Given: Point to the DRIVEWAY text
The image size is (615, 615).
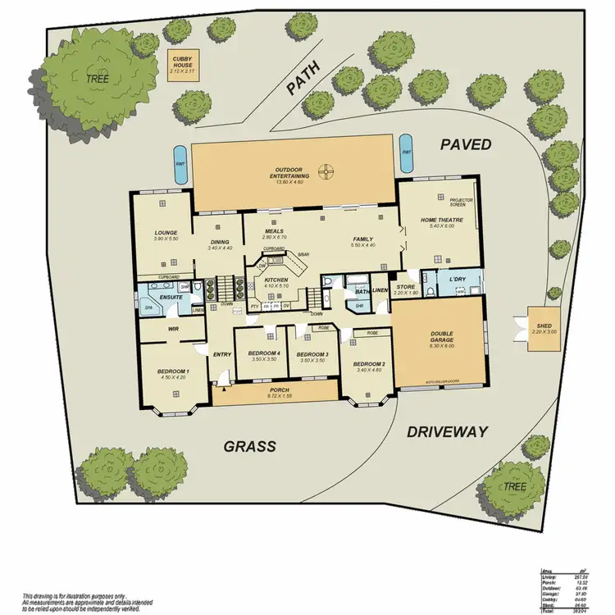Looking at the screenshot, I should tap(447, 431).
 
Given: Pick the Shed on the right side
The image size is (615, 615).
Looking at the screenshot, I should tap(544, 330).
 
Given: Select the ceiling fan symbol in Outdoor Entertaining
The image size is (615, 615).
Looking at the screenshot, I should tap(326, 171).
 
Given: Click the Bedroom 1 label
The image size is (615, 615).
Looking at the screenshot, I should tap(173, 372).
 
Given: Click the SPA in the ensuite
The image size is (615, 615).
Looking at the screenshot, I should tap(149, 308).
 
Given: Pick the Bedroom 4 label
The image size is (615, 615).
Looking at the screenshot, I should tap(264, 353).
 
